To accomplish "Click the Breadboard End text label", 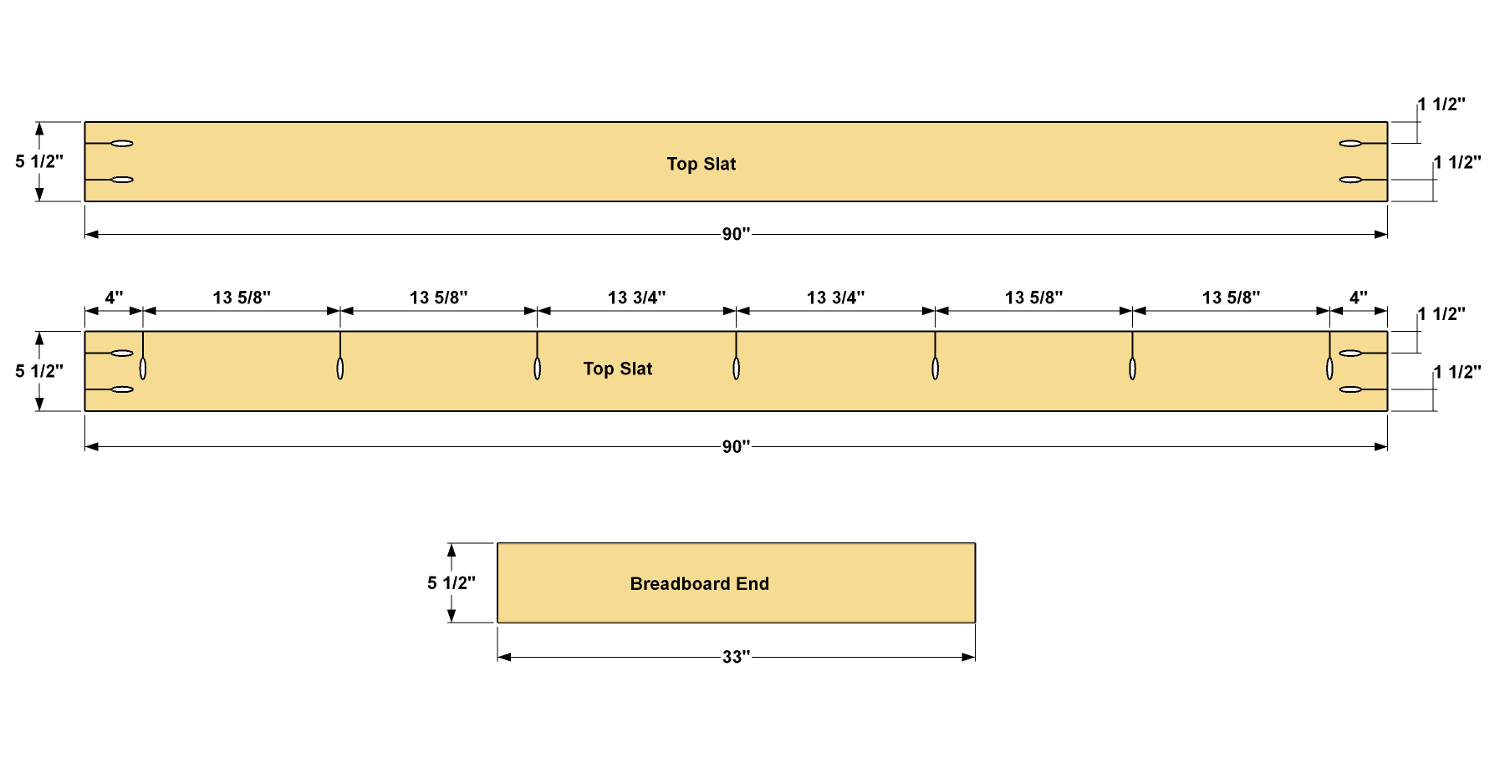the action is click(x=699, y=584).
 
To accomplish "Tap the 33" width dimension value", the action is click(x=736, y=658).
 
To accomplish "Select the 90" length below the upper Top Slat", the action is click(x=736, y=235).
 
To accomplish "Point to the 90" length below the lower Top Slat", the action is click(x=736, y=447).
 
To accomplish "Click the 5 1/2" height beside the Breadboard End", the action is click(x=451, y=583).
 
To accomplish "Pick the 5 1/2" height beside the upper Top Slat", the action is click(x=39, y=161).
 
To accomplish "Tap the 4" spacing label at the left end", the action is click(x=114, y=298).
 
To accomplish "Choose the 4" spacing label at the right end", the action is click(x=1358, y=298).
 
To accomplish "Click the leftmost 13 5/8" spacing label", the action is click(x=242, y=298).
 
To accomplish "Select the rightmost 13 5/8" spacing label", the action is click(x=1231, y=298).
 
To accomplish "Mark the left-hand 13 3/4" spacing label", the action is click(x=636, y=298).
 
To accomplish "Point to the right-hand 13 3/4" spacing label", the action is click(x=835, y=298).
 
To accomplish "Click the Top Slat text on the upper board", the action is click(x=701, y=164).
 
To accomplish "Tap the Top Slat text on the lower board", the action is click(x=618, y=369).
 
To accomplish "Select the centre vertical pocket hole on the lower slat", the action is click(x=736, y=369).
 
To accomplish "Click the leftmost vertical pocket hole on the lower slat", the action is click(x=143, y=369).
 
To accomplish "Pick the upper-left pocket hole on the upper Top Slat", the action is click(x=122, y=144).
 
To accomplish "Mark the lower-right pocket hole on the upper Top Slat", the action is click(x=1350, y=180).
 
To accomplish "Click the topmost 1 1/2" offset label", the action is click(x=1441, y=104).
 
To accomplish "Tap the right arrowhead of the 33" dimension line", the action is click(x=970, y=657).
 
